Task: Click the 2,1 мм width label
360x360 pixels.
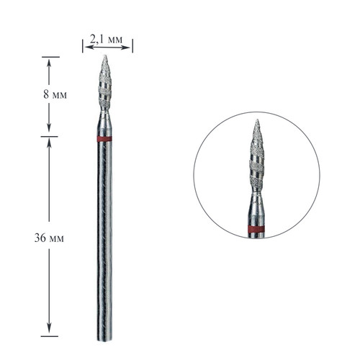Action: tap(106, 39)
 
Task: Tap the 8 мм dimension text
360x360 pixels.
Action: tap(55, 94)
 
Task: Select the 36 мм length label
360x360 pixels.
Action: tap(49, 238)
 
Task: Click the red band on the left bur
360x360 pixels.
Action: tap(104, 139)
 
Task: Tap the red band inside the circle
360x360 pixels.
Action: tap(256, 230)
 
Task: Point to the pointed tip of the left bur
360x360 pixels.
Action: tap(104, 55)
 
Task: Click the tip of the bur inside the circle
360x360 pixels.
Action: tap(257, 120)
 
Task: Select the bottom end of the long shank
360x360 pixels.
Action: tap(104, 340)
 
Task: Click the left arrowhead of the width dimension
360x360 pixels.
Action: tap(88, 48)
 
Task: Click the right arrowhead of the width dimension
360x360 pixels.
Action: tap(127, 48)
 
